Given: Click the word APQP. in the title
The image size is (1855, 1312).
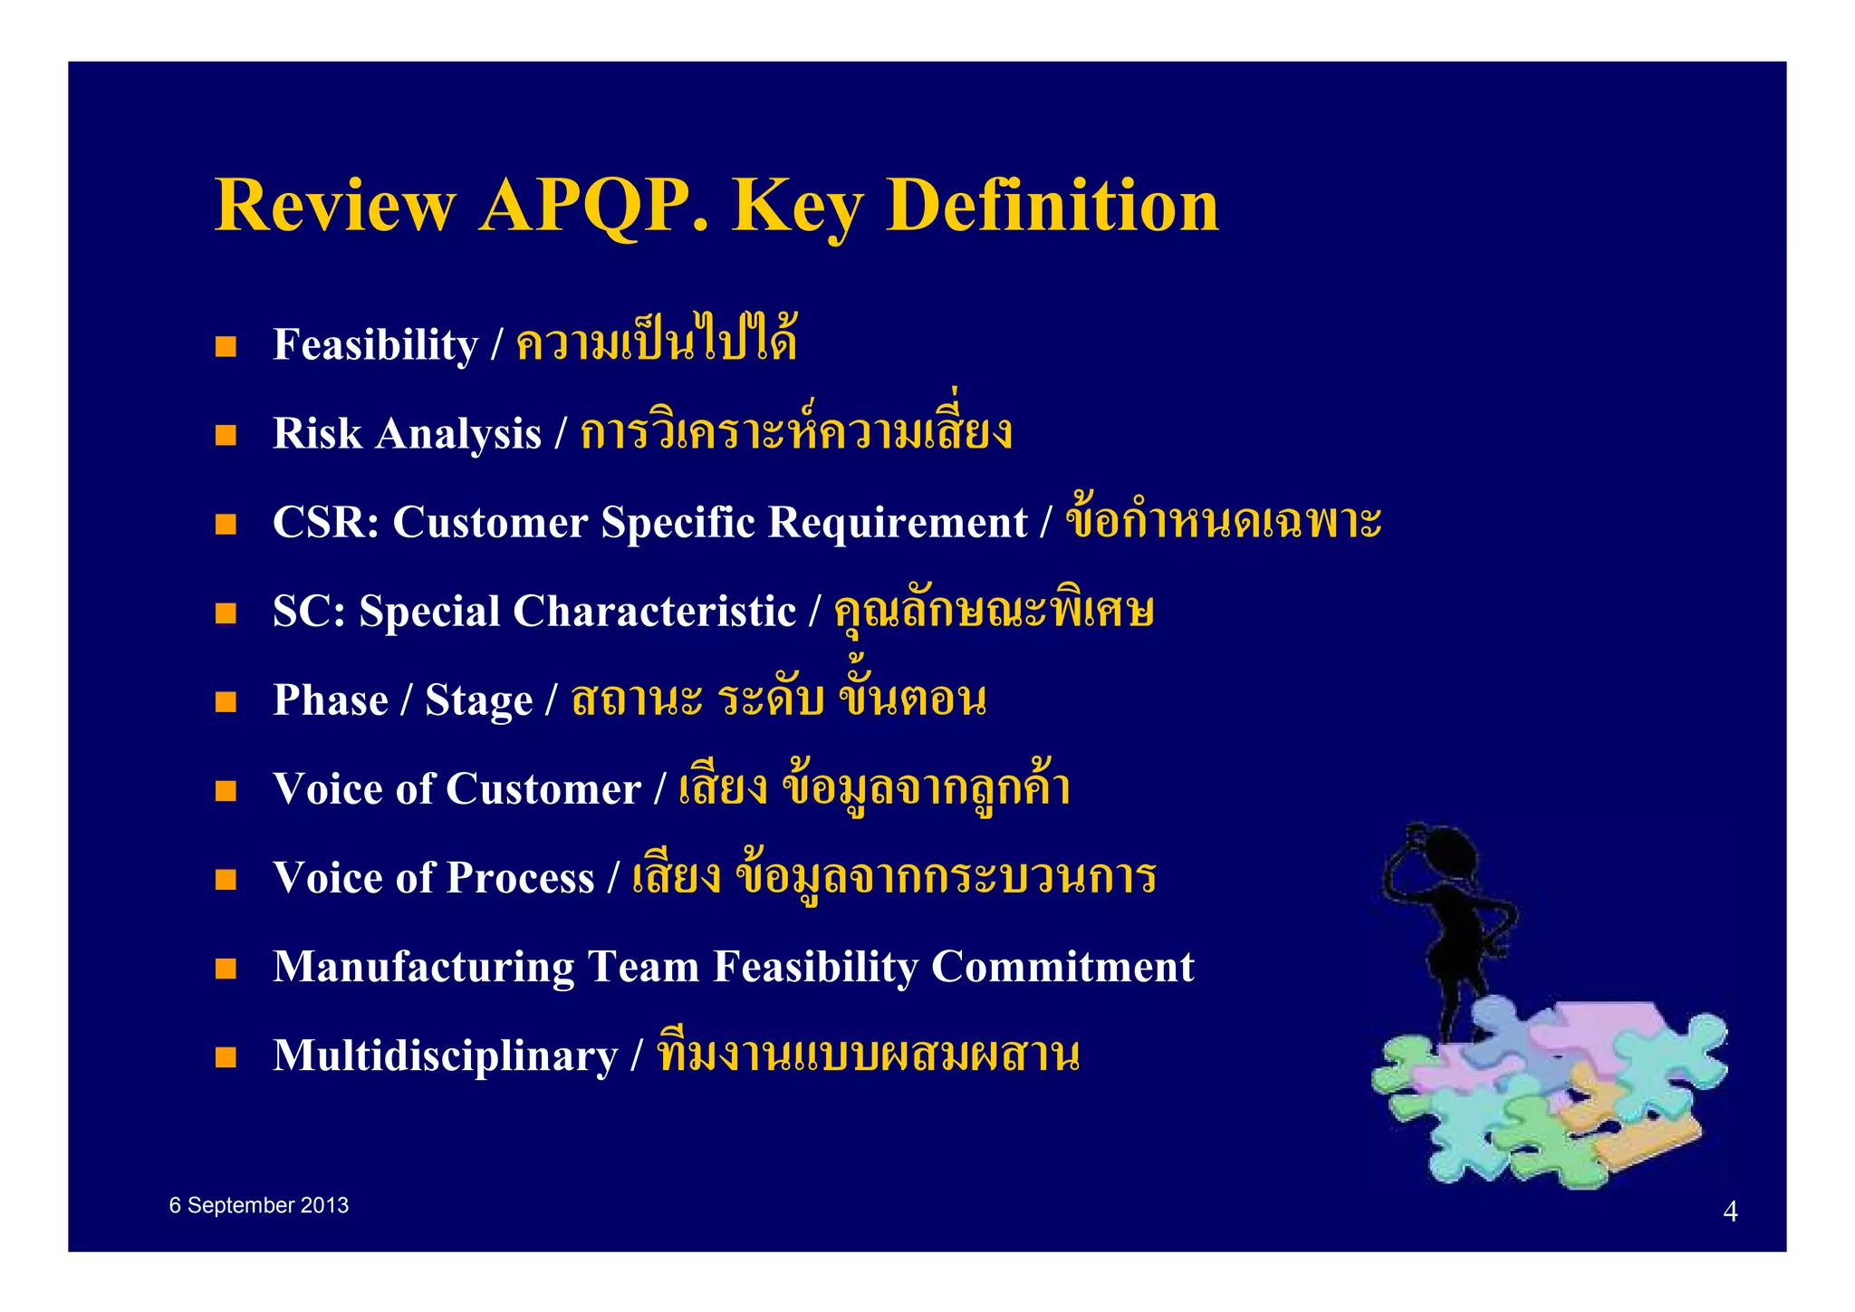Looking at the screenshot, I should [x=593, y=207].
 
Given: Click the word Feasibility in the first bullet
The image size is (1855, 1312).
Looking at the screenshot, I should [x=375, y=345].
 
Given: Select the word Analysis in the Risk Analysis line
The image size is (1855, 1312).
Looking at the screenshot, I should [x=458, y=434].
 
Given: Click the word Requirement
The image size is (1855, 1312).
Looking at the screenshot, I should [x=898, y=523].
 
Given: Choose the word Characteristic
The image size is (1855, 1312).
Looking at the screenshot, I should [x=654, y=612].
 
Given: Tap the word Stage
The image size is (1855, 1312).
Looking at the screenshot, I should [x=479, y=701].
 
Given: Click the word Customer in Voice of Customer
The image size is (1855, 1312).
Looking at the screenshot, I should [x=543, y=789].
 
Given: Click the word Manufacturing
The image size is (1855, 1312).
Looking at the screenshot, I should [x=423, y=967].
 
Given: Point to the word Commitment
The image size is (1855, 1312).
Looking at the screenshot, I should [x=1062, y=967].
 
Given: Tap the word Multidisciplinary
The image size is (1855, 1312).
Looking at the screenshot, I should [x=445, y=1056].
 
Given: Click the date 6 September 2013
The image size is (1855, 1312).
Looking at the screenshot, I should [x=258, y=1206].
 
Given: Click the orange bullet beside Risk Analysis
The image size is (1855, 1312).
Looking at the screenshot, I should [x=226, y=435].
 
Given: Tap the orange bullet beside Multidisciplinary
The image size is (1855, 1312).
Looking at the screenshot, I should [x=226, y=1057].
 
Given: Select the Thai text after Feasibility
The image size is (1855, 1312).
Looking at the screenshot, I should [x=656, y=342].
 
